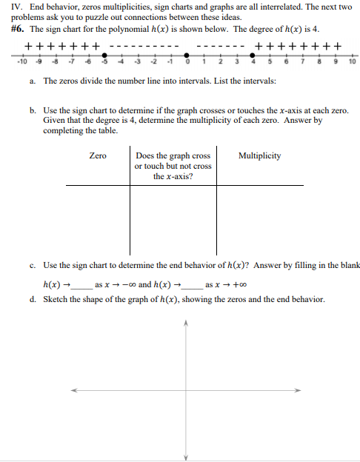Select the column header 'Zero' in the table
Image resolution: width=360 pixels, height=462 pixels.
click(x=97, y=155)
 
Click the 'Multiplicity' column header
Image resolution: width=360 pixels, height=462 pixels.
click(x=259, y=155)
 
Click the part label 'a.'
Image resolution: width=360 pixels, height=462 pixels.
click(x=34, y=80)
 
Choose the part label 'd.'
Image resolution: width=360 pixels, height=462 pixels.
click(x=34, y=299)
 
